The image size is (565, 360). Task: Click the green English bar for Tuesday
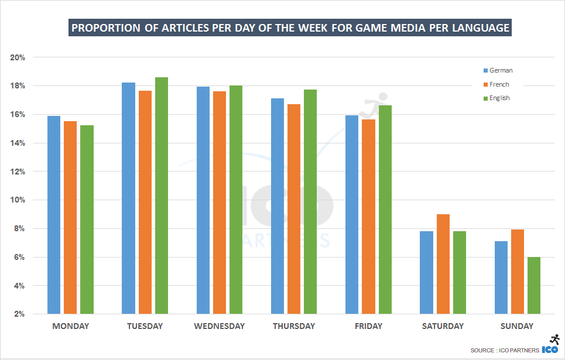click(161, 196)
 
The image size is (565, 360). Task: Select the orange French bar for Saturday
click(443, 264)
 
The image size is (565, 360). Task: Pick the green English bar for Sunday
click(534, 286)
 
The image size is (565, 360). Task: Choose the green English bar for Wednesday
click(236, 200)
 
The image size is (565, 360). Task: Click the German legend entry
click(501, 70)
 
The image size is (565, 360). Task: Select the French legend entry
click(499, 84)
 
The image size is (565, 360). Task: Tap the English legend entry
click(499, 98)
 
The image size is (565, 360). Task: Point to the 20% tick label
click(18, 57)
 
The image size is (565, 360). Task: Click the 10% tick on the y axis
click(18, 200)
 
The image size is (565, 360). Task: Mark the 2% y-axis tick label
click(20, 314)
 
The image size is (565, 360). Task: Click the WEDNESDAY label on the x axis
click(220, 326)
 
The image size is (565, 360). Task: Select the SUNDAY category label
click(518, 326)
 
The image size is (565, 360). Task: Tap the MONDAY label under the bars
click(71, 326)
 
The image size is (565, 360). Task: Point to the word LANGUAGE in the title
click(480, 28)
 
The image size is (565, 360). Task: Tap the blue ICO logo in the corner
click(550, 349)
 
